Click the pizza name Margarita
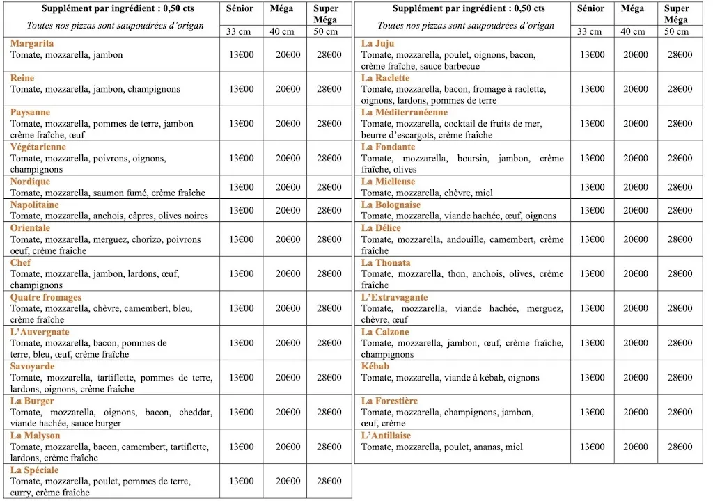32,43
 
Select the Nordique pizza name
30,182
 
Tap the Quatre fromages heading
46,297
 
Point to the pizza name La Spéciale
35,470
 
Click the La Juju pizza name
378,43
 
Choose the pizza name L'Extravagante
395,297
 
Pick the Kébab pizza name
375,367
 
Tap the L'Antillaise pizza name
386,436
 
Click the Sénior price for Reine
242,89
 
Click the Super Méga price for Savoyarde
329,378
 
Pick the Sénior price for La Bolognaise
593,210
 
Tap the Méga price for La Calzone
636,343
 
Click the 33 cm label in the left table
241,31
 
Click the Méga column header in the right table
632,8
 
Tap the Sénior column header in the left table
241,8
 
